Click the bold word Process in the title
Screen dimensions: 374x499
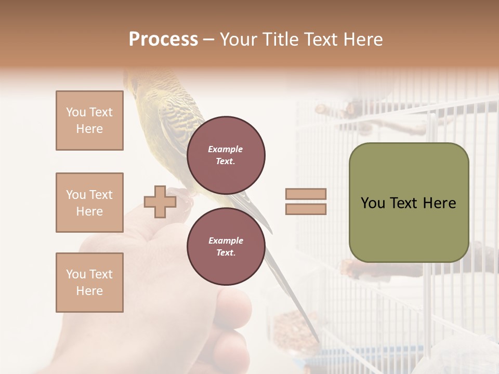point(163,39)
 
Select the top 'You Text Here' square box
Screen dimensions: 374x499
point(89,121)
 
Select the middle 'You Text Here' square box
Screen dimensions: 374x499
point(89,203)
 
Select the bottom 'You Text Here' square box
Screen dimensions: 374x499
point(89,283)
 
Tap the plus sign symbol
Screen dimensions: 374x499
point(160,202)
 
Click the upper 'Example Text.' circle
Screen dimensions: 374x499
point(226,155)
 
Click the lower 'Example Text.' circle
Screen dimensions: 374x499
point(226,247)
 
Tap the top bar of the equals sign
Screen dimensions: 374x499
point(306,194)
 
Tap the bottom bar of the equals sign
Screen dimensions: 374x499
point(306,209)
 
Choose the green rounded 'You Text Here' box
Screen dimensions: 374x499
point(409,203)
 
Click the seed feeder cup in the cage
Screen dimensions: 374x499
point(288,327)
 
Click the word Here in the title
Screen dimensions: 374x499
point(362,39)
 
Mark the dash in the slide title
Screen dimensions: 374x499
point(209,39)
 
